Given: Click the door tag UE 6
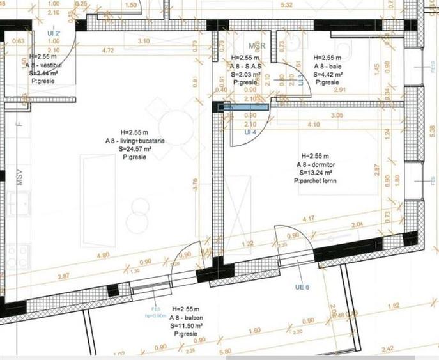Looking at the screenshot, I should click(302, 287).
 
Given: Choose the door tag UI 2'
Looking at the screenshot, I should click(53, 32).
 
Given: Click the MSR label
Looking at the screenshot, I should click(257, 47).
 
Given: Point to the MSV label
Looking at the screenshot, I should click(20, 178).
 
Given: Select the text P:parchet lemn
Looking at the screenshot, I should click(314, 181).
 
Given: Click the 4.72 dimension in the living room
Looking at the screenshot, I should click(108, 49).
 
